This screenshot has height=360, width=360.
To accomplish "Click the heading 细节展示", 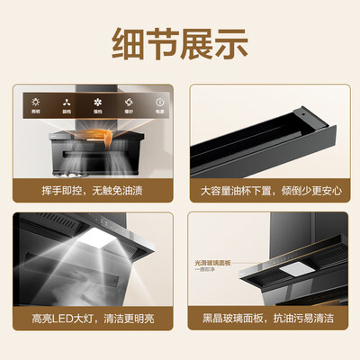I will click(x=180, y=41).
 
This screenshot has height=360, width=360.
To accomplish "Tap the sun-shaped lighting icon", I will click(x=37, y=102).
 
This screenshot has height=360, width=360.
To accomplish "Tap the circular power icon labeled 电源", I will click(x=158, y=102).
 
